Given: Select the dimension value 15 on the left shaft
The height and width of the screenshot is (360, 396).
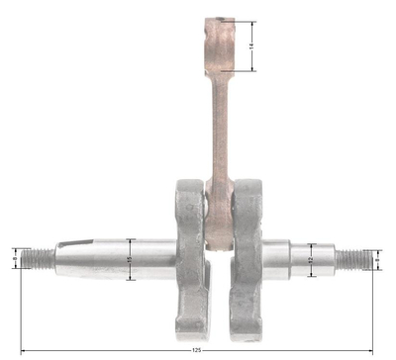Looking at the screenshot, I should (130, 259).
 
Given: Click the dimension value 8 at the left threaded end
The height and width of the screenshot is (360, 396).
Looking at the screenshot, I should (15, 259).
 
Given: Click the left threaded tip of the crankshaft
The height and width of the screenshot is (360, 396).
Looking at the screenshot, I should (41, 258).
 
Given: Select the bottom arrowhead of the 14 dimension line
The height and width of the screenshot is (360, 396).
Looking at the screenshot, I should (254, 70).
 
